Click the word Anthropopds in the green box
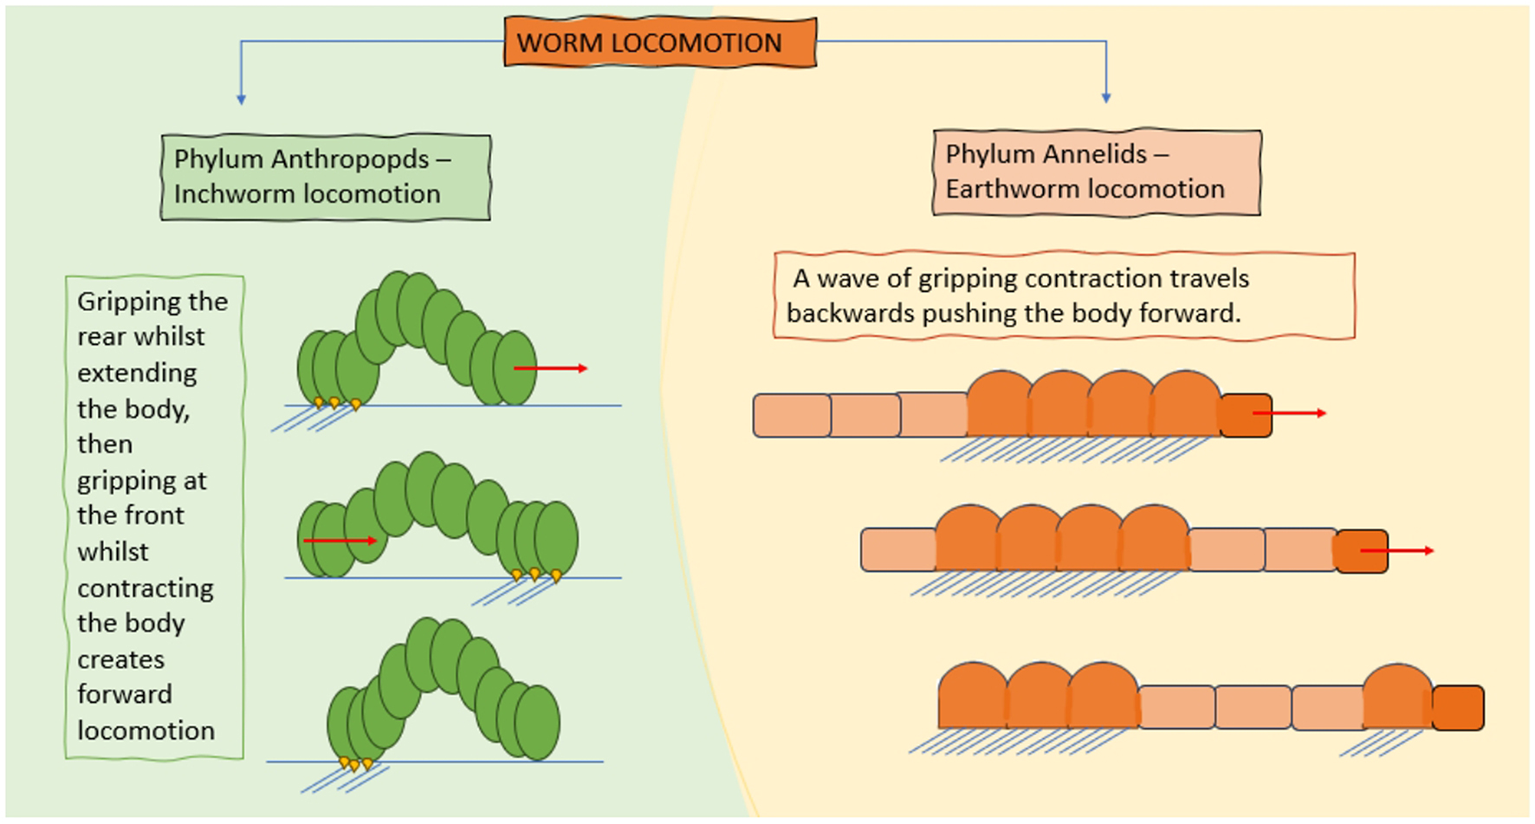[349, 159]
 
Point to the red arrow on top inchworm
[551, 368]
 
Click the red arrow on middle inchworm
[340, 541]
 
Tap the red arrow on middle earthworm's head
[1396, 550]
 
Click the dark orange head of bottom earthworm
[1458, 708]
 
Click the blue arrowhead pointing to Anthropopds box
[241, 100]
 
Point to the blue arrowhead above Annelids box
[1106, 98]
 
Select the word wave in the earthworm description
[849, 278]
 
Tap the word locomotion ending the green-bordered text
[146, 730]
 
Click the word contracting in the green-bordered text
[145, 588]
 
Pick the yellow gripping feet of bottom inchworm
[355, 764]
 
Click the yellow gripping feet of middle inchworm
[535, 574]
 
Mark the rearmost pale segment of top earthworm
[792, 415]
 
